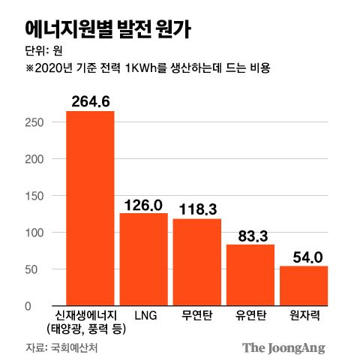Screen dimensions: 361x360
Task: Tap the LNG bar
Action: pyautogui.click(x=143, y=259)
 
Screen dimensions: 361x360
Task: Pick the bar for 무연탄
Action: pyautogui.click(x=197, y=262)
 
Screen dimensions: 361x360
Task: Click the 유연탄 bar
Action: pyautogui.click(x=250, y=275)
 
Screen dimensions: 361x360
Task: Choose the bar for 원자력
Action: pyautogui.click(x=304, y=285)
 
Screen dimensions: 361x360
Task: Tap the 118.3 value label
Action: pyautogui.click(x=197, y=209)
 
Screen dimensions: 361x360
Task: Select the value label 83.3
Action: pyautogui.click(x=250, y=236)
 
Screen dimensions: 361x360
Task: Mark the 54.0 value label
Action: pyautogui.click(x=304, y=257)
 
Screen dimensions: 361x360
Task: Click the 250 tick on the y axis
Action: pyautogui.click(x=36, y=122)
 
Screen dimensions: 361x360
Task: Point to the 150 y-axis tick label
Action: pyautogui.click(x=36, y=196)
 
